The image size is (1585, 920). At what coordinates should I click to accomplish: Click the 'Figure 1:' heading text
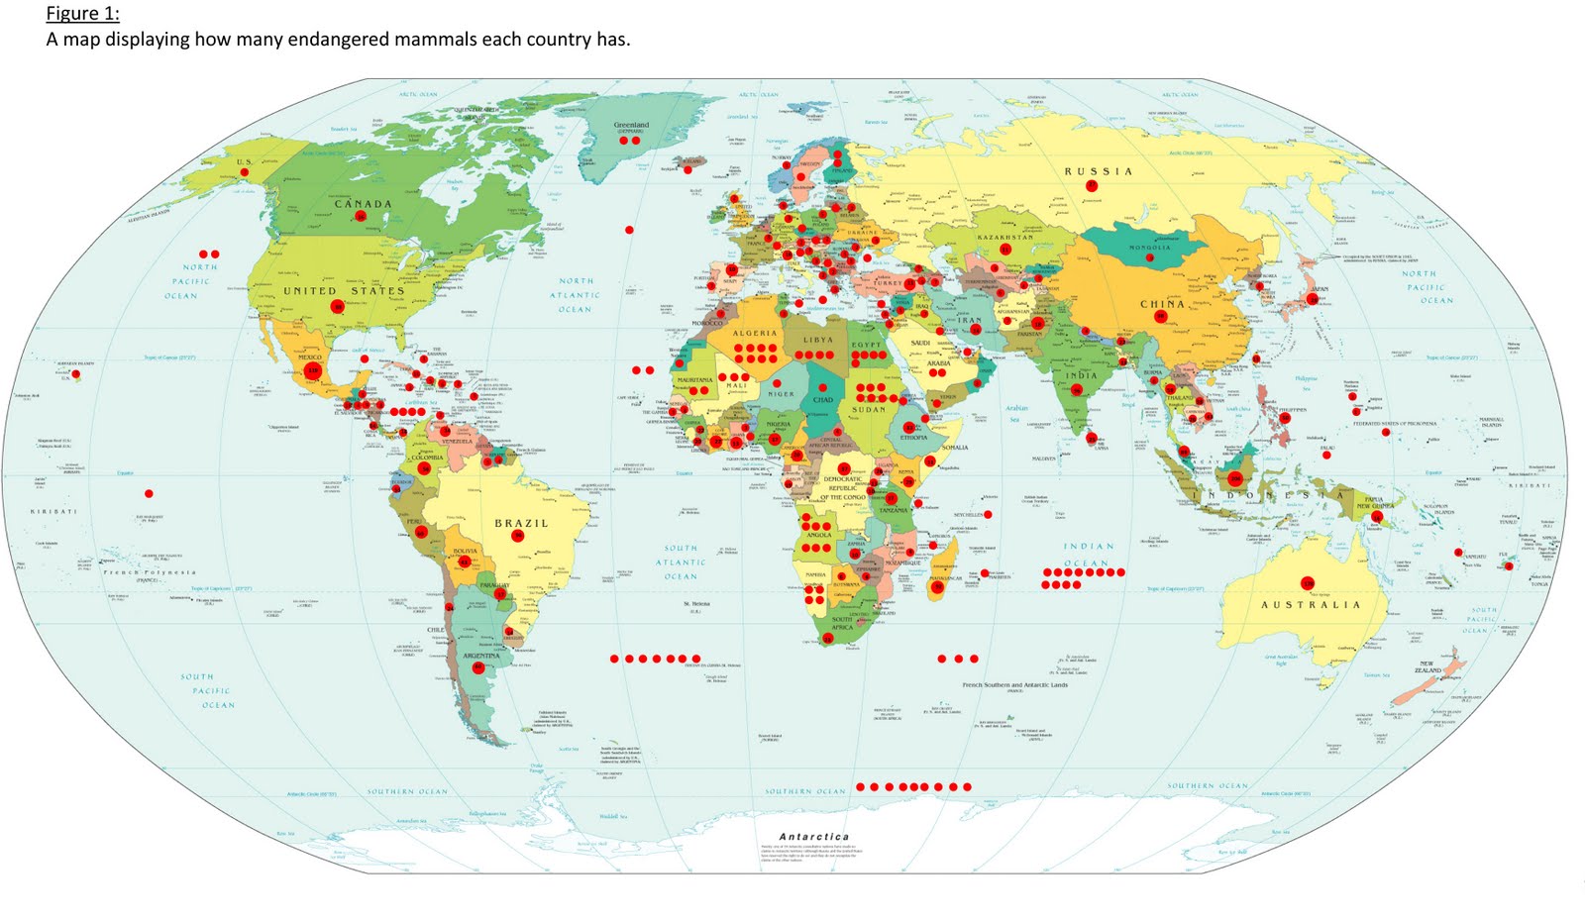coord(82,14)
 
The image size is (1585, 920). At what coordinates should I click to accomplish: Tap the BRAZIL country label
coord(521,523)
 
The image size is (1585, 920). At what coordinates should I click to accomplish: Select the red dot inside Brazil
coord(518,536)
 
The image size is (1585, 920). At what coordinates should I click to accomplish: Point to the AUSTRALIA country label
coord(1310,604)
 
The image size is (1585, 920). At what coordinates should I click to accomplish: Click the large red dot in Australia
coord(1307,583)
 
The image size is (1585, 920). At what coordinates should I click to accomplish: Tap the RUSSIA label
coord(1098,171)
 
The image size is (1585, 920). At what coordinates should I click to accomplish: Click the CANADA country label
coord(363,204)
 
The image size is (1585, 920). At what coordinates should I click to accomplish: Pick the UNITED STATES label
coord(344,291)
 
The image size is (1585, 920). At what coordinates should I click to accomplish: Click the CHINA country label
coord(1162,304)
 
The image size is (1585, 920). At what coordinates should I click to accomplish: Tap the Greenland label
coord(631,127)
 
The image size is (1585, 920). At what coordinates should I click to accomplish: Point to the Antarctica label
coord(813,837)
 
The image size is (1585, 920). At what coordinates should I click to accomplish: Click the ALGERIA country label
coord(755,334)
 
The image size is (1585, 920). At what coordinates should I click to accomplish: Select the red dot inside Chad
coord(822,387)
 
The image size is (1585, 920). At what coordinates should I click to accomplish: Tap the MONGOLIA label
coord(1149,248)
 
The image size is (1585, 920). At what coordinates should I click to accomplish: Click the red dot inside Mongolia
coord(1150,257)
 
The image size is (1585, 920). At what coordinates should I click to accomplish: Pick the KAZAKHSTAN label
coord(1005,238)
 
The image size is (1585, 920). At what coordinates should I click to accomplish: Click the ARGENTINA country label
coord(481,656)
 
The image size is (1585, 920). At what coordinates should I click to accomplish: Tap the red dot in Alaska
coord(244,172)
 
